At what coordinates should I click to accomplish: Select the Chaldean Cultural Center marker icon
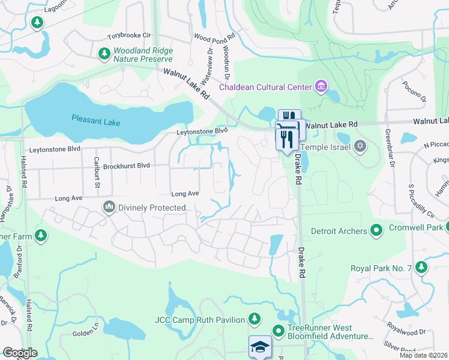321,87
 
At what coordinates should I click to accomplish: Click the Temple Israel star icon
360,146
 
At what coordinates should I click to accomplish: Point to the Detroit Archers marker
376,230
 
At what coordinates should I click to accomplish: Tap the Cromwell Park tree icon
448,227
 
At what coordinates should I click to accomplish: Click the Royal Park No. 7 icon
421,267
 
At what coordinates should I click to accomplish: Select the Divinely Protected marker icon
109,208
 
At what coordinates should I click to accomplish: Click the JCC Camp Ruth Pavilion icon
255,319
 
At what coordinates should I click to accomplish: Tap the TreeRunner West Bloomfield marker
278,331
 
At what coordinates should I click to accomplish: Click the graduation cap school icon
260,347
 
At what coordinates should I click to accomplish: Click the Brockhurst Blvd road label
126,166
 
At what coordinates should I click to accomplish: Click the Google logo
20,353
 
